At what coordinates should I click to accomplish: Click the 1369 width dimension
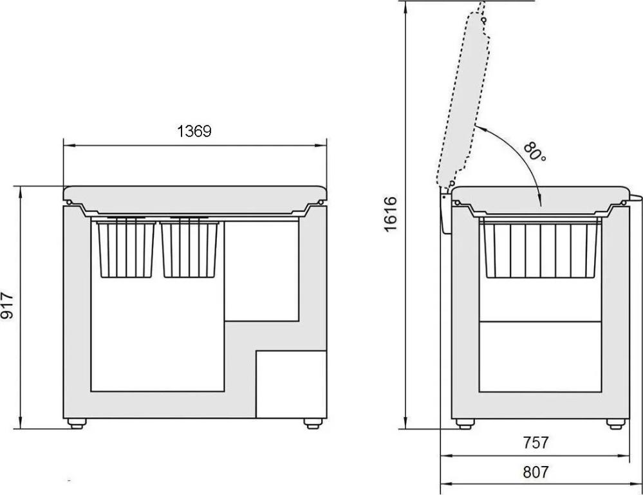(194, 131)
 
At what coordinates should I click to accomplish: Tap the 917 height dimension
(7, 306)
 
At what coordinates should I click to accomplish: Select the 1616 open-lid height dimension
(391, 214)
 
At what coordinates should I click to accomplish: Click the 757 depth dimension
(536, 442)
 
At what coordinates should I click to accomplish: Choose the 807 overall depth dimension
(536, 472)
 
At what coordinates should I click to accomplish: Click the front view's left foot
(77, 424)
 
